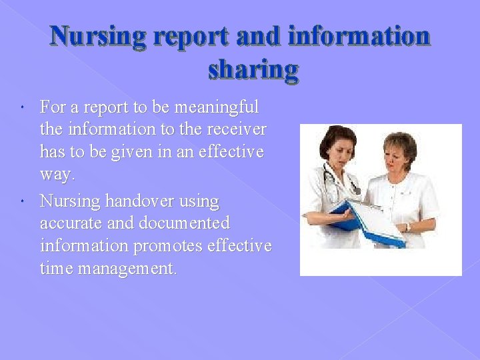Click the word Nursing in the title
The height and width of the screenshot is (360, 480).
coord(99,37)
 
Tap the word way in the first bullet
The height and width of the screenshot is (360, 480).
coord(57,175)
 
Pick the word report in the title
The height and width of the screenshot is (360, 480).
coord(191,37)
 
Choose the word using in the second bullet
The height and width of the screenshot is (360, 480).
coord(198,201)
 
